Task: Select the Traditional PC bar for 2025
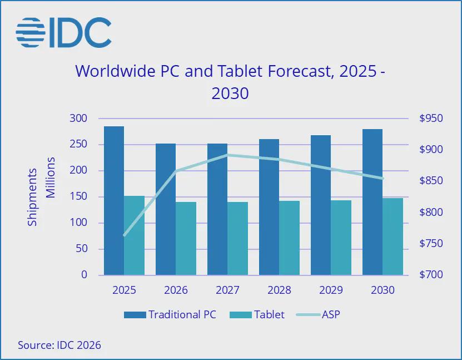(114, 200)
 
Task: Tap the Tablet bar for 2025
(134, 235)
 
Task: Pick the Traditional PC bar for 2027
(217, 209)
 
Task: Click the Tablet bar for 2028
(289, 238)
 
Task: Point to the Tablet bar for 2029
(341, 238)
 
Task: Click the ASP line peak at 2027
(227, 155)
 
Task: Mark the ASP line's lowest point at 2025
(124, 235)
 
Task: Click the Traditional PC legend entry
(170, 314)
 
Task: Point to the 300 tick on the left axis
(78, 119)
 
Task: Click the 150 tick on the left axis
(78, 196)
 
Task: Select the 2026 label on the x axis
(176, 290)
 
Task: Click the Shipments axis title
(33, 196)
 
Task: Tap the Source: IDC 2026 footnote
(59, 345)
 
